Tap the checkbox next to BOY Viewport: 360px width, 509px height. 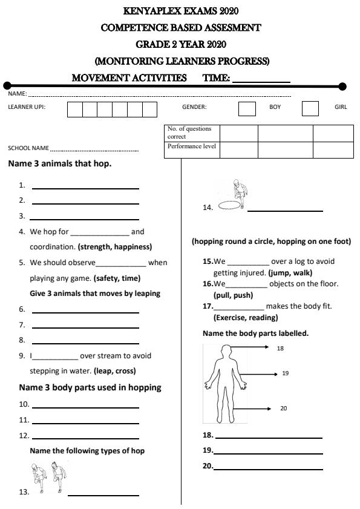(247, 108)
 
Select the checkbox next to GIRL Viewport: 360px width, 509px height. (310, 108)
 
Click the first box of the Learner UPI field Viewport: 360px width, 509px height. (74, 110)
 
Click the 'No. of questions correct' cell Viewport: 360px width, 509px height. (192, 133)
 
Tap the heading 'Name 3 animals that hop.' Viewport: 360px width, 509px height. (60, 163)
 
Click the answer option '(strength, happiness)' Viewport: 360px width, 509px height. (114, 247)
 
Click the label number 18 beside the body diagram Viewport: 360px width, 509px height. (280, 349)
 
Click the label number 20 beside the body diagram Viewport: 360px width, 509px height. (283, 409)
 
